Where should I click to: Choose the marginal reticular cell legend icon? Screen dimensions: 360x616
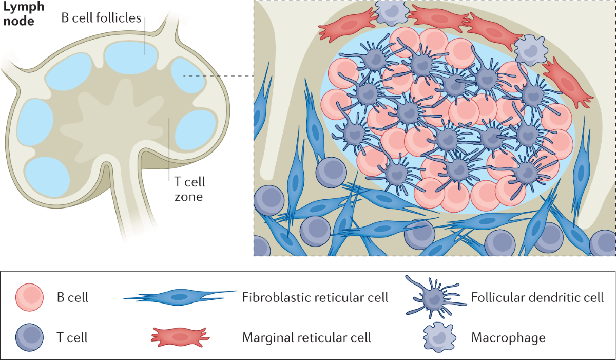click(180, 336)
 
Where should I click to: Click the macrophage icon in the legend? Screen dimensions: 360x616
click(437, 337)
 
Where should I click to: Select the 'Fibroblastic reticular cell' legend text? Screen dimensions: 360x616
click(315, 297)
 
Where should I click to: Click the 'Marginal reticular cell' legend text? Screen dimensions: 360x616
click(306, 337)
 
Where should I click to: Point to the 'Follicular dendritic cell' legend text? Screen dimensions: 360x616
click(537, 297)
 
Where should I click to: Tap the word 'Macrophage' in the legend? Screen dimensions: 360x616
click(508, 337)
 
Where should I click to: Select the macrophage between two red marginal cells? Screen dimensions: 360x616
click(529, 49)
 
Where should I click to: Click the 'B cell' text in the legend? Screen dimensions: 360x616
click(72, 297)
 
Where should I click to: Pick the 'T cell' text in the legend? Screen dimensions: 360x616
click(71, 337)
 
